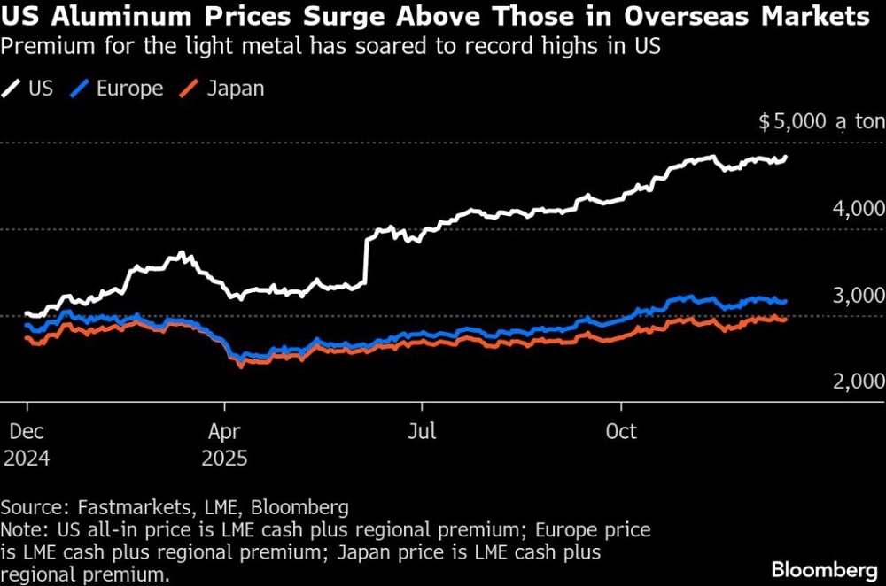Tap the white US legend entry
pyautogui.click(x=27, y=89)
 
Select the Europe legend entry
pyautogui.click(x=116, y=89)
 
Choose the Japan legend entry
pyautogui.click(x=221, y=89)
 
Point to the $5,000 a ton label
pyautogui.click(x=821, y=121)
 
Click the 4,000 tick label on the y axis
pyautogui.click(x=859, y=208)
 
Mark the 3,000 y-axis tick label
pyautogui.click(x=859, y=295)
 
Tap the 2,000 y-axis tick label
pyautogui.click(x=859, y=381)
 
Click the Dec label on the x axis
pyautogui.click(x=27, y=431)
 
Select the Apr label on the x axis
pyautogui.click(x=224, y=432)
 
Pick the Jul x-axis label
pyautogui.click(x=422, y=431)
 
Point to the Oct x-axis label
pyautogui.click(x=621, y=431)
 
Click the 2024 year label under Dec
pyautogui.click(x=27, y=458)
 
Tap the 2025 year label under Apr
pyautogui.click(x=224, y=458)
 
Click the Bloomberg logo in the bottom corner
pyautogui.click(x=825, y=569)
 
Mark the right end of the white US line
pyautogui.click(x=786, y=157)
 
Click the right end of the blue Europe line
pyautogui.click(x=785, y=302)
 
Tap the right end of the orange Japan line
pyautogui.click(x=785, y=320)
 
